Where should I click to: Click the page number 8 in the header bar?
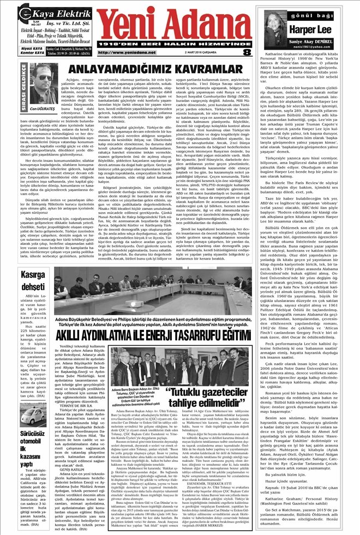pyautogui.click(x=247, y=52)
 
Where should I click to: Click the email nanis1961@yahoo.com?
pyautogui.click(x=321, y=47)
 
